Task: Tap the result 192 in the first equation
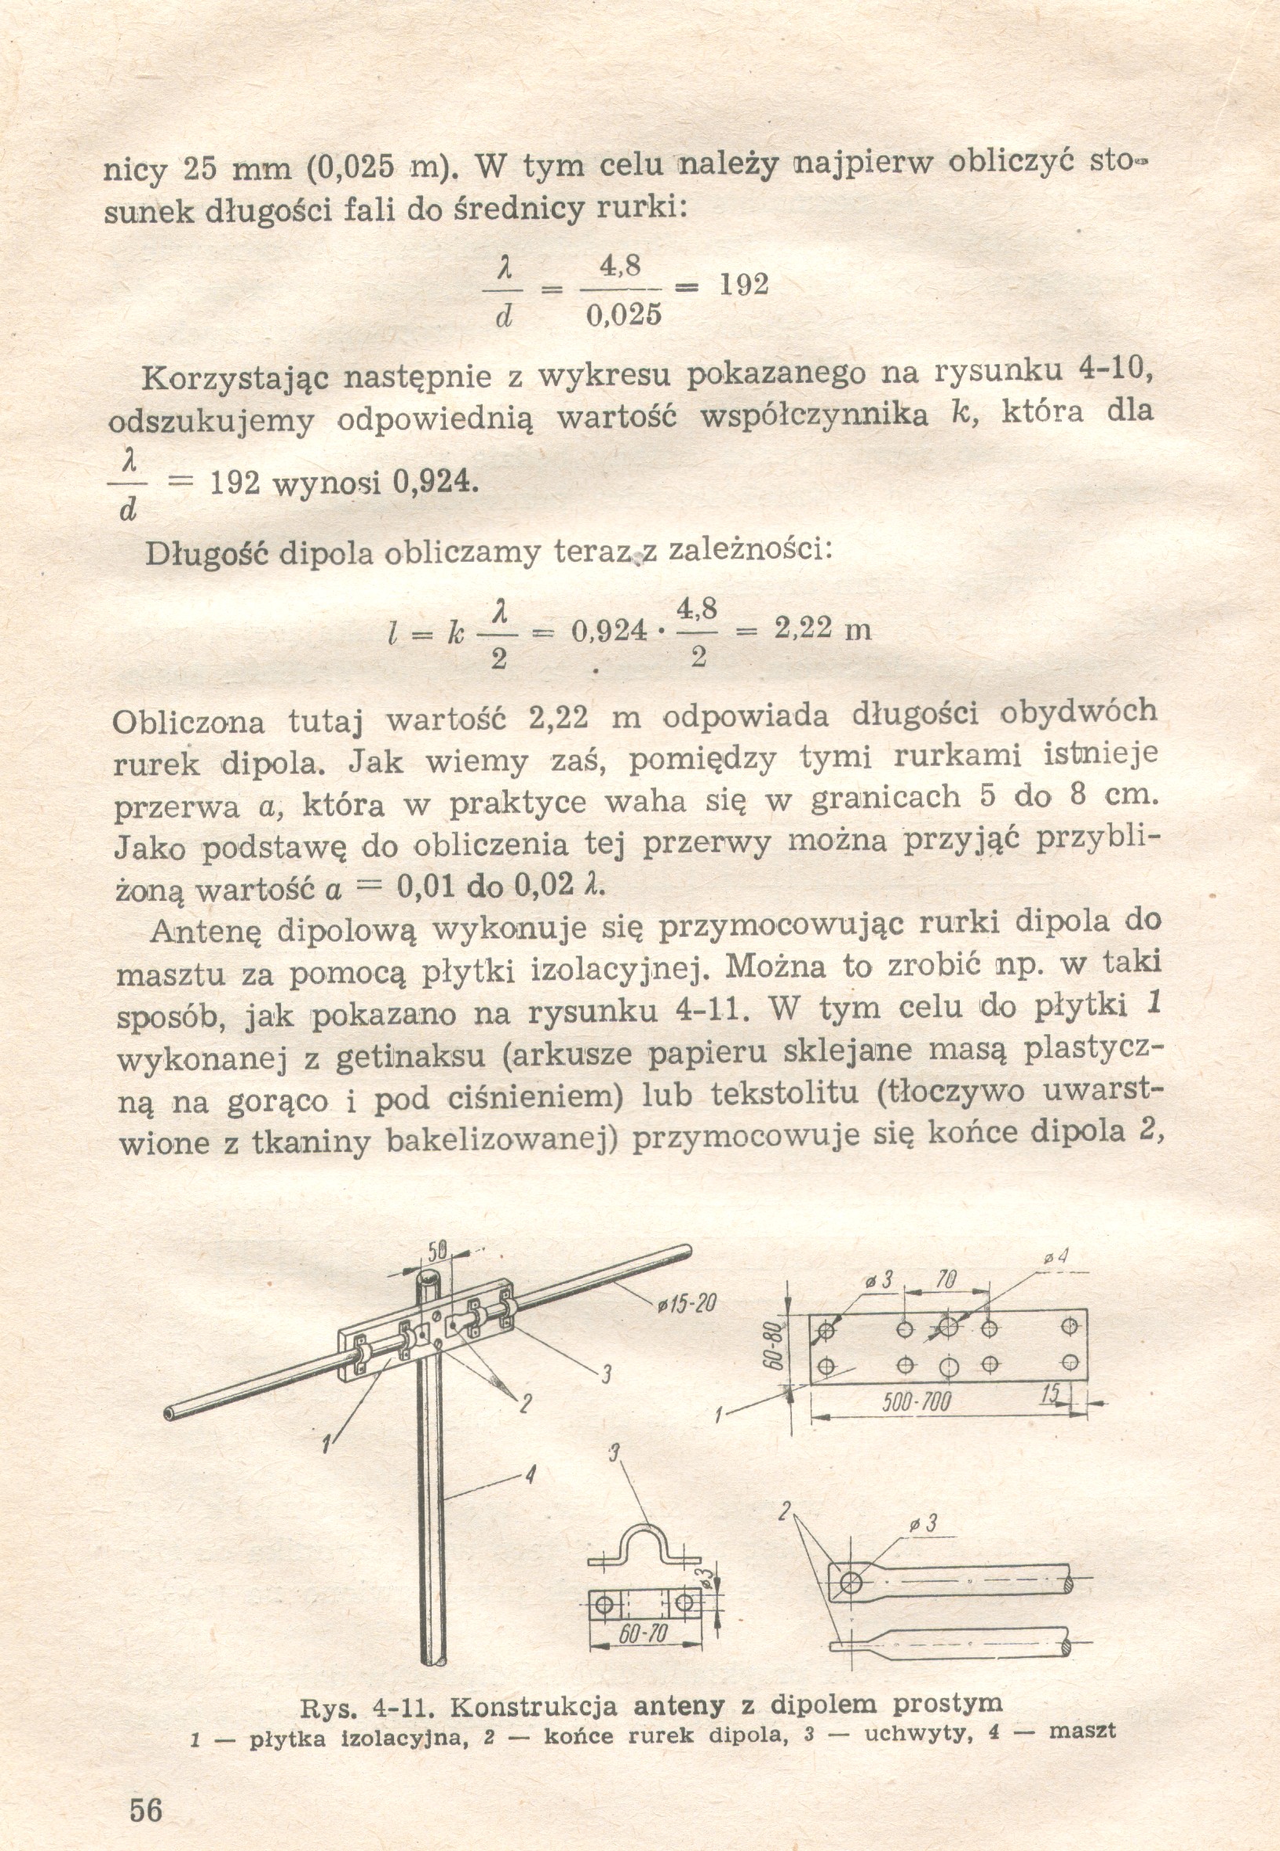[x=743, y=284]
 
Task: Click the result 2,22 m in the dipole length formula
[x=822, y=629]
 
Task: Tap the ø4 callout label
[x=1056, y=1258]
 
